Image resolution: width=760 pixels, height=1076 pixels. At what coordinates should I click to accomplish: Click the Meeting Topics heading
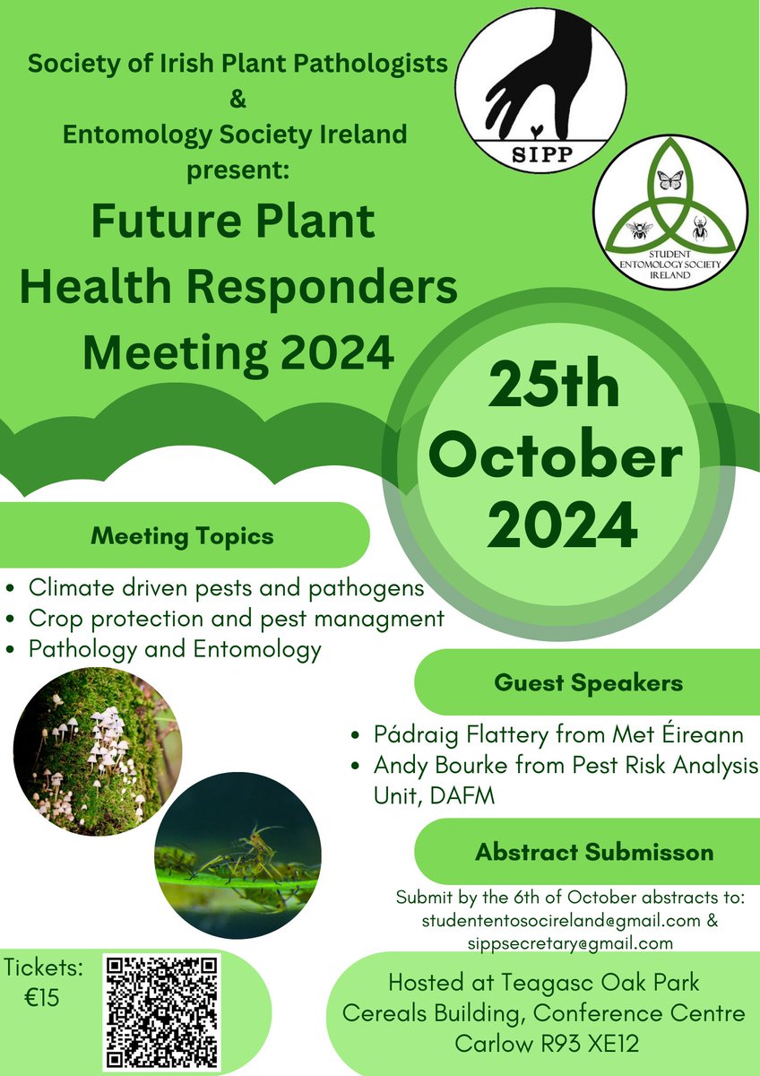tap(182, 537)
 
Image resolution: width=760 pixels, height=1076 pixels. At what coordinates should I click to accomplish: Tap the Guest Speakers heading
tap(588, 683)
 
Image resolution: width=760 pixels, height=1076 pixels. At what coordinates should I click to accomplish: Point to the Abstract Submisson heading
tap(594, 852)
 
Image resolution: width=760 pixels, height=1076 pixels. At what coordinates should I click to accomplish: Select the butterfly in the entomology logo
tap(669, 180)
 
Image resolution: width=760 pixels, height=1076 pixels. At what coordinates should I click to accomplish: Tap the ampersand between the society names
tap(237, 100)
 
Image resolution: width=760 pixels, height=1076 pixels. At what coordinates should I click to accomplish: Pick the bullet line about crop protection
tap(236, 619)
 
